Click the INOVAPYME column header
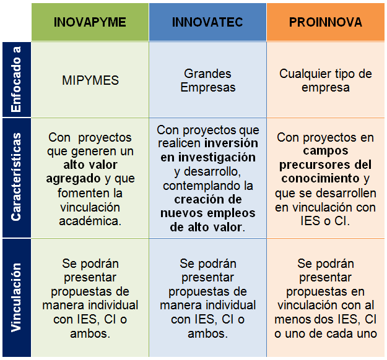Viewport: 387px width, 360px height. coord(90,22)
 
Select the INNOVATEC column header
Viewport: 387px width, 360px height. coord(207,22)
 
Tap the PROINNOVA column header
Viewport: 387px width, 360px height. coord(326,22)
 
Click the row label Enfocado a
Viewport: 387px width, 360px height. coord(16,79)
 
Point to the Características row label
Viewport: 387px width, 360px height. coord(16,177)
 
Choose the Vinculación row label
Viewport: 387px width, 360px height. coord(16,298)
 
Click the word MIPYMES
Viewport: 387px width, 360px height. coord(90,80)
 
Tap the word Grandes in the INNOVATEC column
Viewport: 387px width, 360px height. coord(207,74)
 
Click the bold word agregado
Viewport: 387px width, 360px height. coord(73,179)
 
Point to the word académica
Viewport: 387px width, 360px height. coord(90,221)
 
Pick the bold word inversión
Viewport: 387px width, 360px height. coord(231,144)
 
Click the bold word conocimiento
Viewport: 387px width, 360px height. coord(320,178)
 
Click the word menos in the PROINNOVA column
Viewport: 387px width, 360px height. coord(292,320)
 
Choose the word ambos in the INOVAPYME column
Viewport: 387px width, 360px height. coord(90,333)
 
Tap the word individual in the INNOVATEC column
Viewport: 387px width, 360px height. coord(231,306)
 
